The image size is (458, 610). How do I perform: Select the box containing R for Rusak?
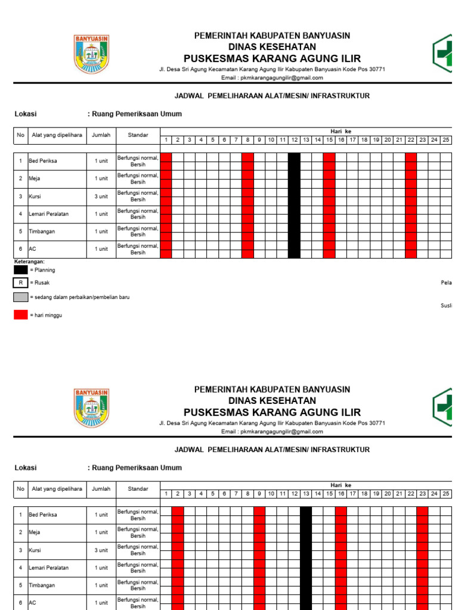point(21,284)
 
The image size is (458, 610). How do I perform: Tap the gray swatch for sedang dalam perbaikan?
point(21,297)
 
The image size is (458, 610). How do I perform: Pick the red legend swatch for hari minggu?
point(21,315)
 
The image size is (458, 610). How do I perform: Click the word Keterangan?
point(29,262)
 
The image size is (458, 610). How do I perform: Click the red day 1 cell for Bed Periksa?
point(166,161)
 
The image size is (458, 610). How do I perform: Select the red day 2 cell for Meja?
point(178,533)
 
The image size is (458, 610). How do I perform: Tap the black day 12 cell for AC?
point(294,249)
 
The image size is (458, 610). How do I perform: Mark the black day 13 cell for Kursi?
point(306,550)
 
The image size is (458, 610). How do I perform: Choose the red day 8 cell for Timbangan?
point(247,232)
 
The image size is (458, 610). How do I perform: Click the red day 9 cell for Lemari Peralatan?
point(259,568)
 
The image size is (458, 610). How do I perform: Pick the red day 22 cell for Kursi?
point(411,197)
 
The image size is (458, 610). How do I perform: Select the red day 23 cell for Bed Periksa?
point(423,515)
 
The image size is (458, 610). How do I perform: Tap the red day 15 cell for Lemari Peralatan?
point(329,214)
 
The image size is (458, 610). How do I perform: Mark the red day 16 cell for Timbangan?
point(341,586)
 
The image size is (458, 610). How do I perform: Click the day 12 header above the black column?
point(294,140)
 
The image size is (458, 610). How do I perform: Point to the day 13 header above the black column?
point(306,494)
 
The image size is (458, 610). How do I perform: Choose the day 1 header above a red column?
point(166,140)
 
